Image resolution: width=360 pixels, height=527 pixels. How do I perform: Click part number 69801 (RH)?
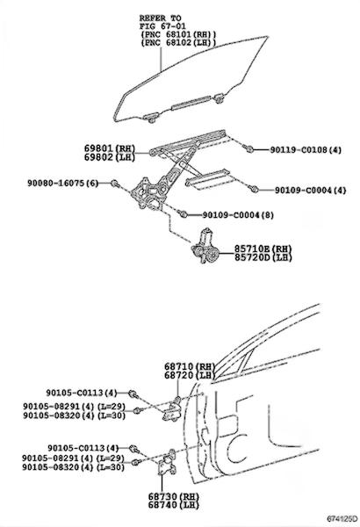pyautogui.click(x=110, y=148)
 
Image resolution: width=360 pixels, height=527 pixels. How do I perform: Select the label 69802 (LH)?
pyautogui.click(x=110, y=157)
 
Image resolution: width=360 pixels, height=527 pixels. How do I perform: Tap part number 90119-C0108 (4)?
pyautogui.click(x=306, y=150)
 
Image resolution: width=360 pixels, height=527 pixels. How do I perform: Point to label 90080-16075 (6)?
pyautogui.click(x=63, y=184)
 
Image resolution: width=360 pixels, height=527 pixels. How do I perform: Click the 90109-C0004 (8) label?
pyautogui.click(x=238, y=215)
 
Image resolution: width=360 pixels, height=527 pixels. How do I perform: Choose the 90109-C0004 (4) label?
pyautogui.click(x=311, y=191)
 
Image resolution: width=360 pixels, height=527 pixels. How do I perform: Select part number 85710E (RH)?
pyautogui.click(x=263, y=249)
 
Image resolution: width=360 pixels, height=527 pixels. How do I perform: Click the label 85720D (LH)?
pyautogui.click(x=263, y=257)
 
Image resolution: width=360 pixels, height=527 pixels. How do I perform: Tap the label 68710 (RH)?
pyautogui.click(x=190, y=366)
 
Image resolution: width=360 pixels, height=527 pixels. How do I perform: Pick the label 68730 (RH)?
pyautogui.click(x=174, y=496)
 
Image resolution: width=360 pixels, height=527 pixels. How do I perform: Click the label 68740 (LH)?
pyautogui.click(x=174, y=505)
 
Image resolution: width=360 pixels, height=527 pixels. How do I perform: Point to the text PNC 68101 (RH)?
pyautogui.click(x=178, y=34)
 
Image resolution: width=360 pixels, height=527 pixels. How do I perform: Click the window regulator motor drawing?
pyautogui.click(x=205, y=247)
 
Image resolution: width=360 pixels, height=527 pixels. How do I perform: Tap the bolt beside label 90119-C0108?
pyautogui.click(x=249, y=148)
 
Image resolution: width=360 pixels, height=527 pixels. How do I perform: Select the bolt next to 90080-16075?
pyautogui.click(x=115, y=184)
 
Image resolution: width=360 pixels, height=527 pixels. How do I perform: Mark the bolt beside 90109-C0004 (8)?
pyautogui.click(x=184, y=213)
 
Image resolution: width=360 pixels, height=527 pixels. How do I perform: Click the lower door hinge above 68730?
pyautogui.click(x=167, y=462)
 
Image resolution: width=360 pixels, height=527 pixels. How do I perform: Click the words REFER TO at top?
pyautogui.click(x=160, y=18)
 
